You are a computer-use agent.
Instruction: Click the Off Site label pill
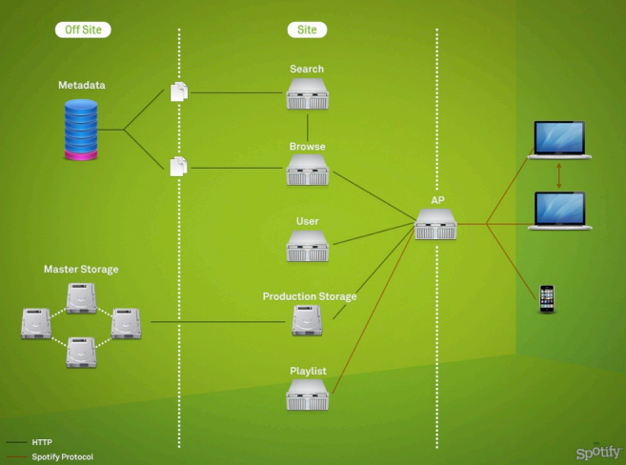[83, 30]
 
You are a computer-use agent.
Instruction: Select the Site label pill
[307, 30]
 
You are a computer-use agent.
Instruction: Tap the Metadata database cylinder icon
[81, 128]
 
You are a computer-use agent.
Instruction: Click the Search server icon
[307, 93]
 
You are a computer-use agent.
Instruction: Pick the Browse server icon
[307, 171]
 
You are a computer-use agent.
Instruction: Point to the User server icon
[307, 246]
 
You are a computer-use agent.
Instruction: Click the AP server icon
[436, 225]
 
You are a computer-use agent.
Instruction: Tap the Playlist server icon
[307, 394]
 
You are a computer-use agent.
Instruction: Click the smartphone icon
[547, 298]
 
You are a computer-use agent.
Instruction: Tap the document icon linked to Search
[178, 91]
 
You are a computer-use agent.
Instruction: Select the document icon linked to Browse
[178, 166]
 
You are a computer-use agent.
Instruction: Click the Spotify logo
[597, 451]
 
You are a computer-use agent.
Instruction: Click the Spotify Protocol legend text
[62, 456]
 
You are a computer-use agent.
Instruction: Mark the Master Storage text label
[81, 270]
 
